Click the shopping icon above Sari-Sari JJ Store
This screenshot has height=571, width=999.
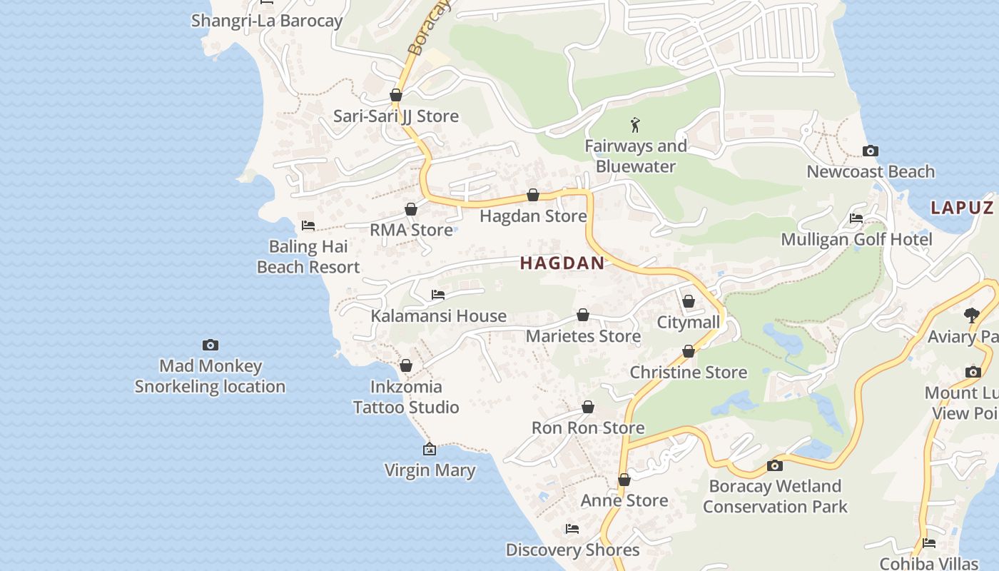pos(396,95)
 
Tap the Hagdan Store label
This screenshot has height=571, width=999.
pos(533,216)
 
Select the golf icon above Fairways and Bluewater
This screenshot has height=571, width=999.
pos(635,126)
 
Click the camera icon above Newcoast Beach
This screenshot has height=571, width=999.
pos(870,151)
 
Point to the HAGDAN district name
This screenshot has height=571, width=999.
pos(562,263)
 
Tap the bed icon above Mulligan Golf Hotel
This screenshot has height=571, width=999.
pos(856,218)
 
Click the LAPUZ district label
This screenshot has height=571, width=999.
pos(962,208)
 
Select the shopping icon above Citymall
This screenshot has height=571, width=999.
pos(689,302)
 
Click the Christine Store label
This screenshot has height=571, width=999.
pos(688,372)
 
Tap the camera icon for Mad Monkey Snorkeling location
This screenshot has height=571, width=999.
pos(211,345)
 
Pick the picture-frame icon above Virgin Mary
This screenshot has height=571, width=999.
pos(430,449)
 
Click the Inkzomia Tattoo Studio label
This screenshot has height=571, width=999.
pos(406,397)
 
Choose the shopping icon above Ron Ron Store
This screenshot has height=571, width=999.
pos(588,407)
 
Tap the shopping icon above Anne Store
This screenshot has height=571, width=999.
pos(624,480)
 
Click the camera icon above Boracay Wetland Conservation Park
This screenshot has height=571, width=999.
pos(774,466)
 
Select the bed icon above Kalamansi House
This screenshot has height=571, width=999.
pos(438,295)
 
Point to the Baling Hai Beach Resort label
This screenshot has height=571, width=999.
pos(308,257)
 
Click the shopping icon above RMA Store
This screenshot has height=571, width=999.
pos(411,209)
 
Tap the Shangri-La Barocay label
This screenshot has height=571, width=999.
pos(267,21)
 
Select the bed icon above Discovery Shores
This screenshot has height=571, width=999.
pos(572,529)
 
